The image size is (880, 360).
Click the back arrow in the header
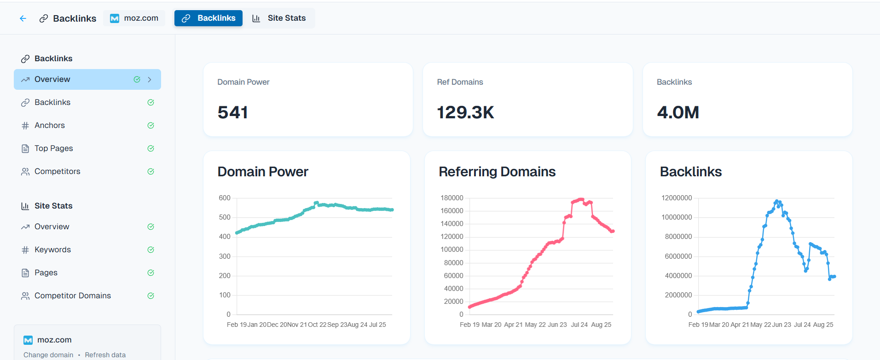[x=23, y=18]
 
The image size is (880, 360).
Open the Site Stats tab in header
[x=279, y=18]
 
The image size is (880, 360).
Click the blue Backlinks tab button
[x=208, y=18]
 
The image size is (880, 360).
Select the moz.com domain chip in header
[x=134, y=18]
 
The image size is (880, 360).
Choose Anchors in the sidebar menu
[x=50, y=125]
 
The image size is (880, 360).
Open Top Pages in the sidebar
[x=53, y=148]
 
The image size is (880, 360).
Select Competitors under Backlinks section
[x=57, y=171]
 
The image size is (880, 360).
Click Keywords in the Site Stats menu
[x=52, y=250]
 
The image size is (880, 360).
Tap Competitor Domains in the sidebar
[x=72, y=296]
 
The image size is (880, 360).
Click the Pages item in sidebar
[x=46, y=273]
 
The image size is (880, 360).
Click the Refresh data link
[x=105, y=355]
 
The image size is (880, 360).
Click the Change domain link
[x=48, y=355]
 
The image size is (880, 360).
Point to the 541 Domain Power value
[x=233, y=112]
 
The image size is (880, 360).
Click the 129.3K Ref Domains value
[x=465, y=112]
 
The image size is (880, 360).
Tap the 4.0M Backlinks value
[x=678, y=112]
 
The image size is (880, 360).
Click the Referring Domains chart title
[x=497, y=172]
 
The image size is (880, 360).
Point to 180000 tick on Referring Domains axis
[x=452, y=198]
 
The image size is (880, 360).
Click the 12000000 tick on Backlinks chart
[x=677, y=198]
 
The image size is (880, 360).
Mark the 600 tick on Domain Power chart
[x=225, y=198]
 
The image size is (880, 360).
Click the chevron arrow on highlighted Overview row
[x=150, y=80]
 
